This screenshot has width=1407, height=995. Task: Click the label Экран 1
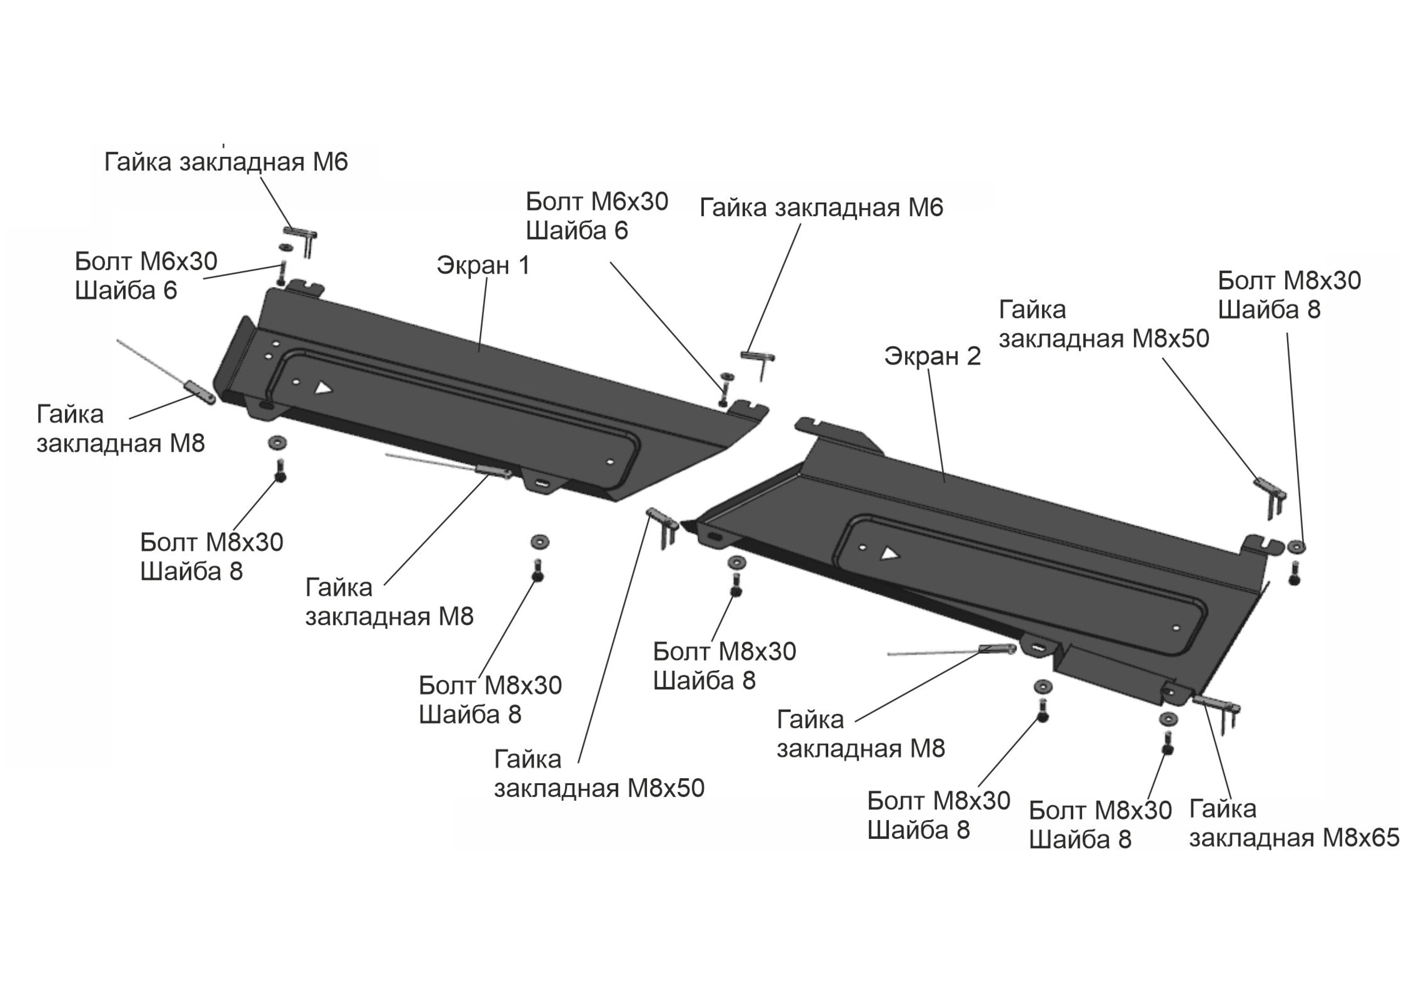[x=483, y=266]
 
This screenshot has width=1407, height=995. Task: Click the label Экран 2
[x=932, y=356]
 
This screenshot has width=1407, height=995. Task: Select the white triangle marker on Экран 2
[x=890, y=554]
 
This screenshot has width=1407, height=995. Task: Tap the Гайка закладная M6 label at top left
[x=226, y=162]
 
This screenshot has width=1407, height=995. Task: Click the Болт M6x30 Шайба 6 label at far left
[x=146, y=276]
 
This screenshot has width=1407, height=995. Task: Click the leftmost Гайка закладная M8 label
[x=121, y=429]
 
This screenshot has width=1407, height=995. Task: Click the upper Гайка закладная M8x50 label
[x=1104, y=324]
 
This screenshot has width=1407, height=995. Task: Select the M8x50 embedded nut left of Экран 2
[x=663, y=526]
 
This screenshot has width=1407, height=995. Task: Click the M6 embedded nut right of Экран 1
[x=759, y=363]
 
